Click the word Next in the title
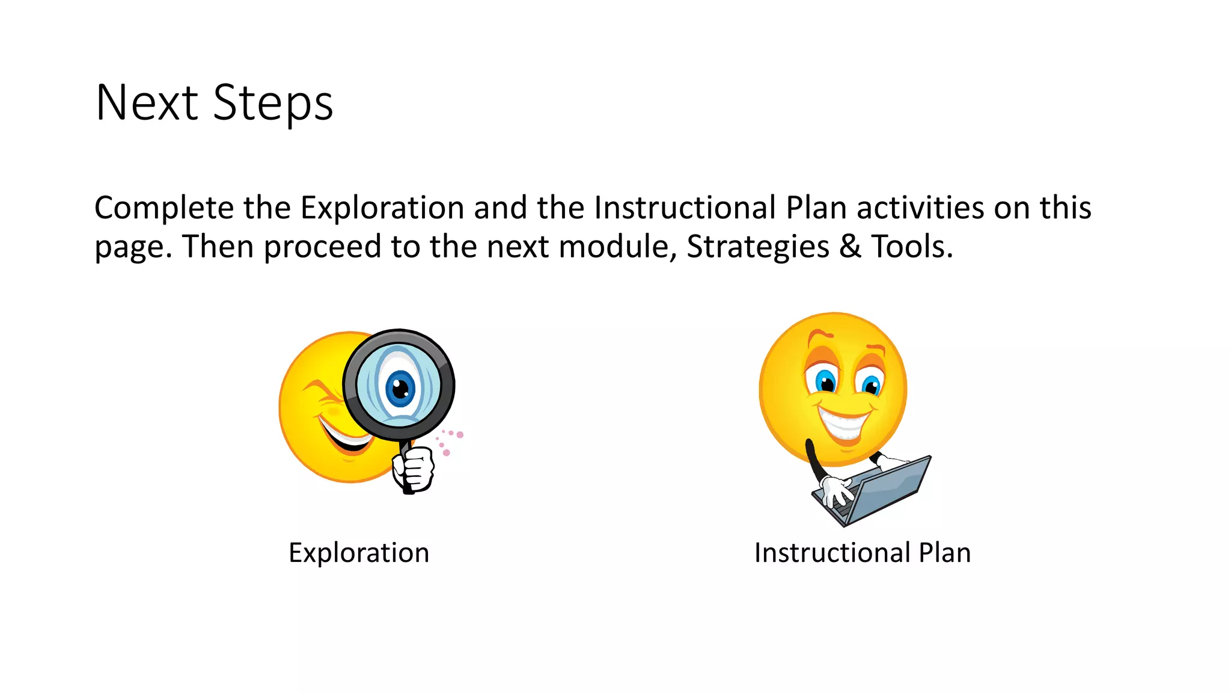pyautogui.click(x=147, y=103)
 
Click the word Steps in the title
pyautogui.click(x=273, y=103)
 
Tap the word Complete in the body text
pyautogui.click(x=163, y=208)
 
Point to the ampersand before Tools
pyautogui.click(x=850, y=247)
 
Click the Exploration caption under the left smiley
pyautogui.click(x=359, y=552)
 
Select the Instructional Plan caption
pyautogui.click(x=863, y=552)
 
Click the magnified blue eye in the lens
pyautogui.click(x=400, y=388)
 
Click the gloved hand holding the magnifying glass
pyautogui.click(x=414, y=468)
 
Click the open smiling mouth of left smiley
pyautogui.click(x=345, y=438)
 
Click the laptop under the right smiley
pyautogui.click(x=884, y=490)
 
